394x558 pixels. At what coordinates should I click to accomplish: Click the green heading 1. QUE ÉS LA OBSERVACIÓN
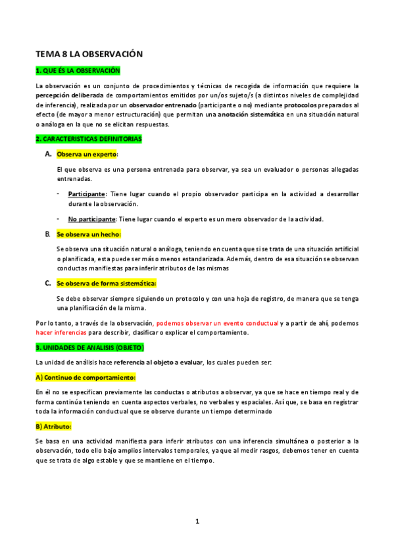pyautogui.click(x=78, y=70)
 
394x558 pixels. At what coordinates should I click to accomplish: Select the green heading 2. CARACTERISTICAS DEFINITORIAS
pyautogui.click(x=88, y=139)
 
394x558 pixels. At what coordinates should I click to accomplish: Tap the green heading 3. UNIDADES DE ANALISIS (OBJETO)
pyautogui.click(x=89, y=346)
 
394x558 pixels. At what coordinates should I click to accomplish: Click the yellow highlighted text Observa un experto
pyautogui.click(x=87, y=154)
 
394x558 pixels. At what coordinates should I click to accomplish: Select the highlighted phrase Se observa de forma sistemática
pyautogui.click(x=106, y=283)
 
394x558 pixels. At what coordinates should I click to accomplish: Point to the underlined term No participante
pyautogui.click(x=91, y=219)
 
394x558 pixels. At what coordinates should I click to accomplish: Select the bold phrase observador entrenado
pyautogui.click(x=161, y=105)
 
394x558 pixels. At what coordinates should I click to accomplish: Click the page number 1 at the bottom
pyautogui.click(x=197, y=521)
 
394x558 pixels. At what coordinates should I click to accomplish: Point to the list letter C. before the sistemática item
pyautogui.click(x=47, y=283)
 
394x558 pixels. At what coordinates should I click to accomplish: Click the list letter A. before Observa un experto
pyautogui.click(x=47, y=154)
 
